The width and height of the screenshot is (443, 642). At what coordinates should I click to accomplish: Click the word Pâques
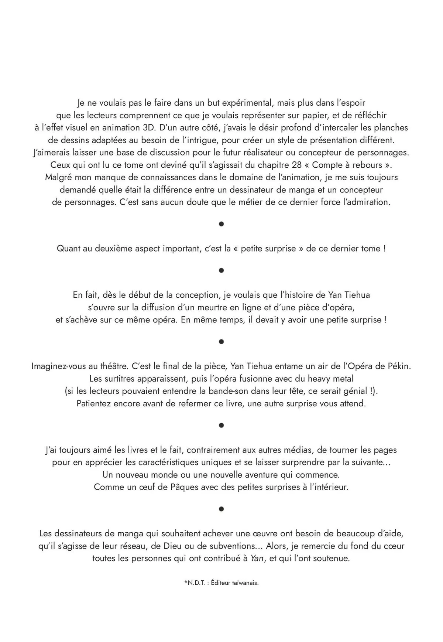[183, 487]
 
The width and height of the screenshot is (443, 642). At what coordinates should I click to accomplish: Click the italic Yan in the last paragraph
[257, 558]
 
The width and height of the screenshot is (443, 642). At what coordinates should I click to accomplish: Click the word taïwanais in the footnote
[245, 583]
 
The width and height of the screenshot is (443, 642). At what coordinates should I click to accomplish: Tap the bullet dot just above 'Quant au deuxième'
[221, 224]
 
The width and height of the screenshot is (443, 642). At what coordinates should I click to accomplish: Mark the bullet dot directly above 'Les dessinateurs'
[221, 509]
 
